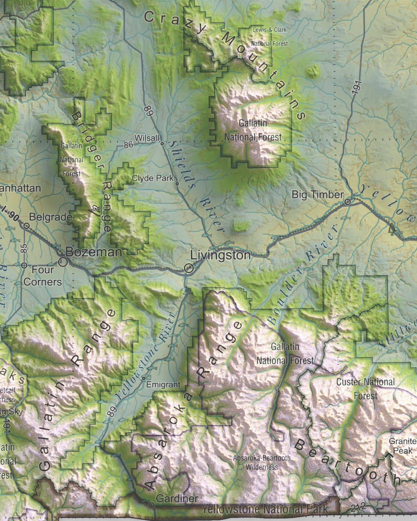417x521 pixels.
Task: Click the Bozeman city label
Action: (x=94, y=252)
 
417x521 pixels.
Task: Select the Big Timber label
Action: (x=317, y=195)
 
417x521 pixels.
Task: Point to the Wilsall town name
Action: (x=147, y=138)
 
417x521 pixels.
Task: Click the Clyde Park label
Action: (x=153, y=178)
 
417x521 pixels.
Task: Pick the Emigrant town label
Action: (x=163, y=384)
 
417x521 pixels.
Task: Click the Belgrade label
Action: (x=51, y=217)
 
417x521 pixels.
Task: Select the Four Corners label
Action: (x=43, y=276)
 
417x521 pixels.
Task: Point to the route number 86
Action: (x=128, y=144)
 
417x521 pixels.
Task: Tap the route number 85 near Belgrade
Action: (x=24, y=249)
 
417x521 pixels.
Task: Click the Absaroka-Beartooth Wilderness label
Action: (x=262, y=462)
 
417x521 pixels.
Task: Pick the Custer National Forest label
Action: (x=365, y=388)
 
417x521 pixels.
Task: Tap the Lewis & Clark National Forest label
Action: (x=270, y=37)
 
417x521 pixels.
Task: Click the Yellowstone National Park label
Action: (x=265, y=509)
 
